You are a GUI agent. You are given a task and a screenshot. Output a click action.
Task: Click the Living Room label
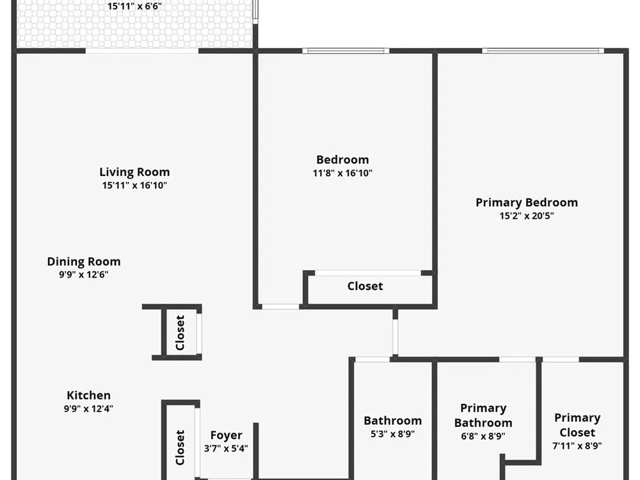[134, 172]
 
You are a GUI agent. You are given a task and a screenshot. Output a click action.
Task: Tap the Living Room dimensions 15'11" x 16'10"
[134, 186]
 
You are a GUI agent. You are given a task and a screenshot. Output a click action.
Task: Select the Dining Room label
[84, 262]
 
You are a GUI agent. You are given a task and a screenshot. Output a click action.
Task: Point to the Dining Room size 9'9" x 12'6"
[84, 275]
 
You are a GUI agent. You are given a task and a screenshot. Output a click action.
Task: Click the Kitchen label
[88, 396]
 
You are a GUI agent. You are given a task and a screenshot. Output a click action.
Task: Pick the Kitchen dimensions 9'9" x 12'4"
[88, 408]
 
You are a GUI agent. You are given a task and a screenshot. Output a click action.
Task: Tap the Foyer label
[226, 435]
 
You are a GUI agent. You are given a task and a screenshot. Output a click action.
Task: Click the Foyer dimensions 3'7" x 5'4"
[226, 449]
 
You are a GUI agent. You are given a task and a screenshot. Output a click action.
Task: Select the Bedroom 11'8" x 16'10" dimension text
[342, 173]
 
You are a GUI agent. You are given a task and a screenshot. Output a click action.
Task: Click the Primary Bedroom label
[527, 203]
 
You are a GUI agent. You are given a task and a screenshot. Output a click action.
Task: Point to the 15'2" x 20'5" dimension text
[527, 216]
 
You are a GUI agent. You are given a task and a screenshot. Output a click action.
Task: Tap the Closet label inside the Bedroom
[365, 286]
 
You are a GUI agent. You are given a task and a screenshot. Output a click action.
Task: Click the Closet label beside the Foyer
[180, 447]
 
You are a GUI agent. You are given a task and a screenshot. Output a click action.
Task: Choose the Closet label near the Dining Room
[180, 333]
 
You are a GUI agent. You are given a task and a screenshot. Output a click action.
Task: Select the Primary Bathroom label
[483, 415]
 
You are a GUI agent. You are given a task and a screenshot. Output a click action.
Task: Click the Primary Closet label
[577, 426]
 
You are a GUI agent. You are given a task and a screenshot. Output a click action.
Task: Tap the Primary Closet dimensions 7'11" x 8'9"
[577, 445]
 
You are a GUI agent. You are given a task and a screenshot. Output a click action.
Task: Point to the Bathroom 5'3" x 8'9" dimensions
[393, 434]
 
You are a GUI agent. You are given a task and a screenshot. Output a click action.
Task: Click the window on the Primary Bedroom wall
[543, 51]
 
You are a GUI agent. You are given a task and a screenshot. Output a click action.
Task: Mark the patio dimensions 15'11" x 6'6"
[134, 6]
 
